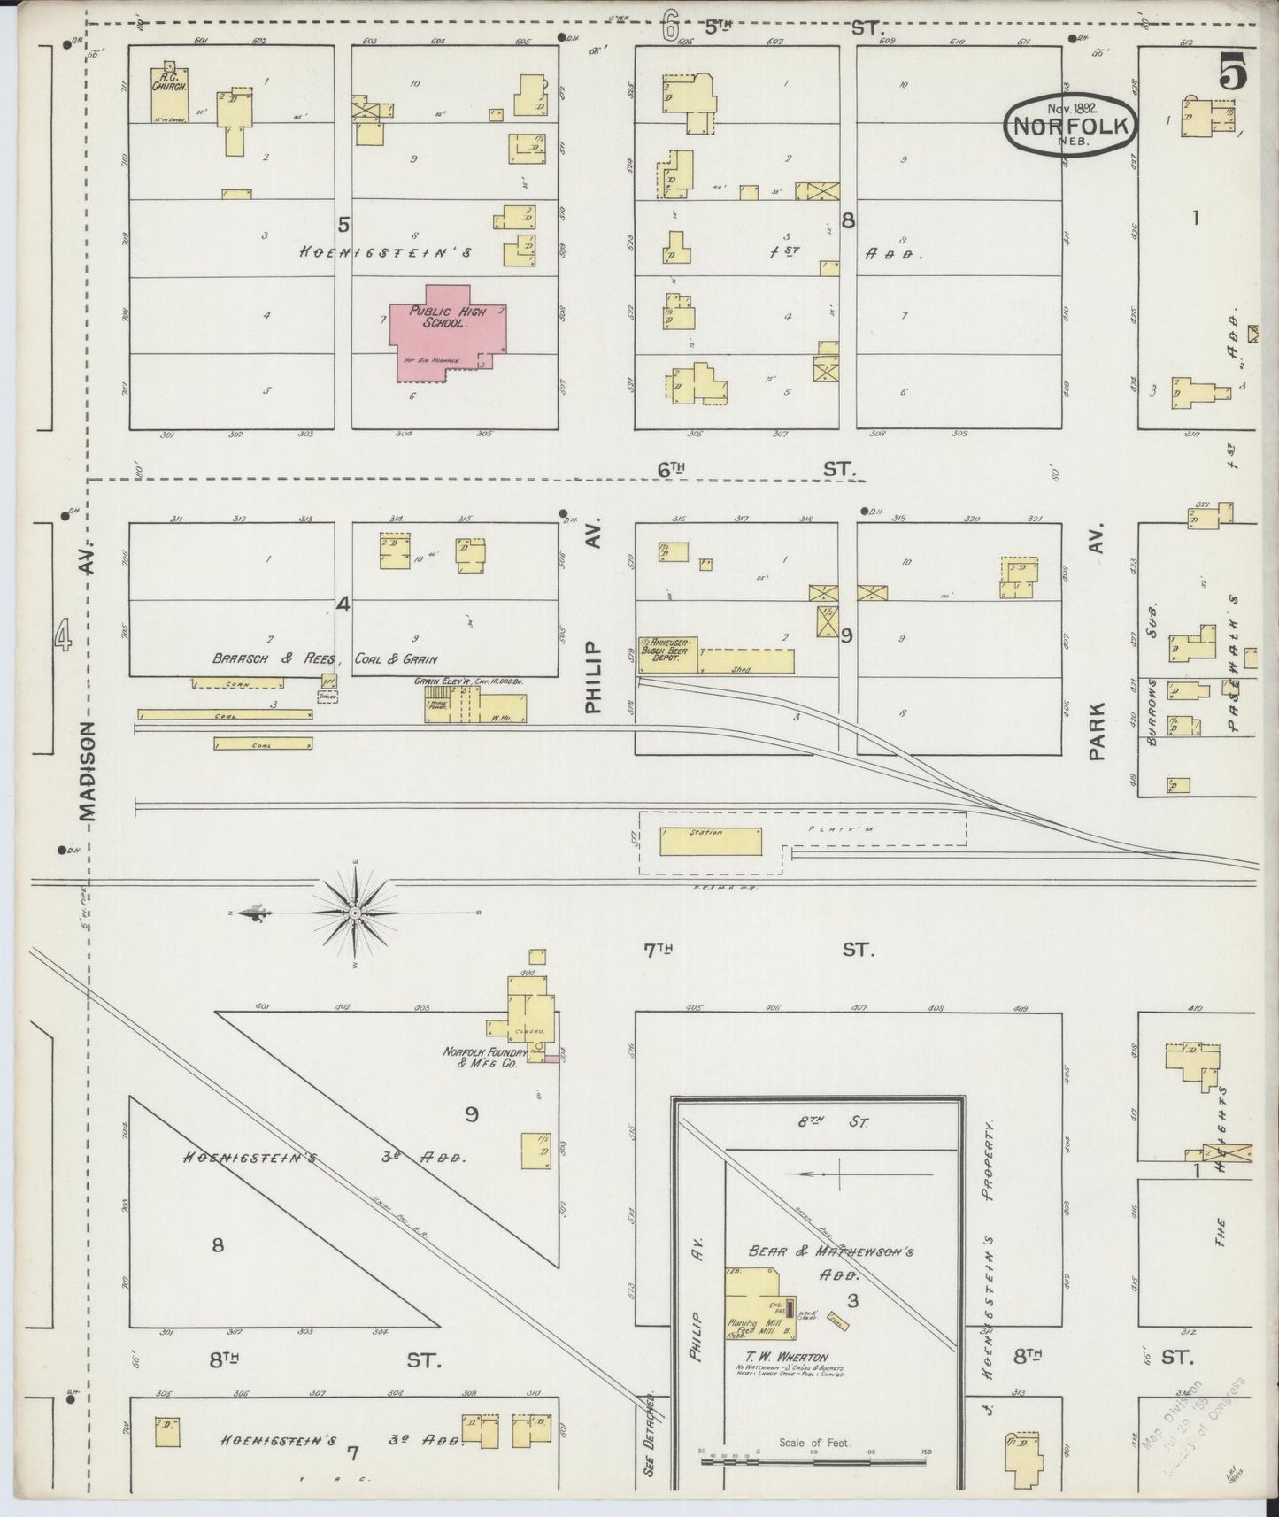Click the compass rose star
coord(354,912)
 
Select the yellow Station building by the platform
coord(711,841)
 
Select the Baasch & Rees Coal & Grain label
coord(325,658)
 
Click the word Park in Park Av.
coord(1098,732)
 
